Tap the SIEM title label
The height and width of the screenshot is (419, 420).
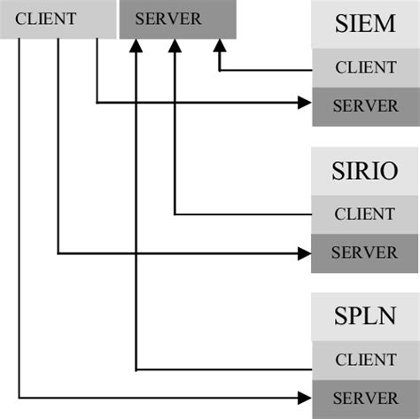pos(365,25)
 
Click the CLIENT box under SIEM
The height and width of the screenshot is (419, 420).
pos(365,66)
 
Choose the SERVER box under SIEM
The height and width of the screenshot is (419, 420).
pos(365,105)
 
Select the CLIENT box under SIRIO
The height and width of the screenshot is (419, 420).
pos(365,213)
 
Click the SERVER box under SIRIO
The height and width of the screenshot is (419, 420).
pos(365,253)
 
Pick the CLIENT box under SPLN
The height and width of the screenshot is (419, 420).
pos(365,360)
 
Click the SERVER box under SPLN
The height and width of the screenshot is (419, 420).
pos(365,398)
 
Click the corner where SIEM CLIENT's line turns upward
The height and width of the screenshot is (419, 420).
pos(217,68)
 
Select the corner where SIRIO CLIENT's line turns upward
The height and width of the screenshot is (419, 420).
pos(175,213)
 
